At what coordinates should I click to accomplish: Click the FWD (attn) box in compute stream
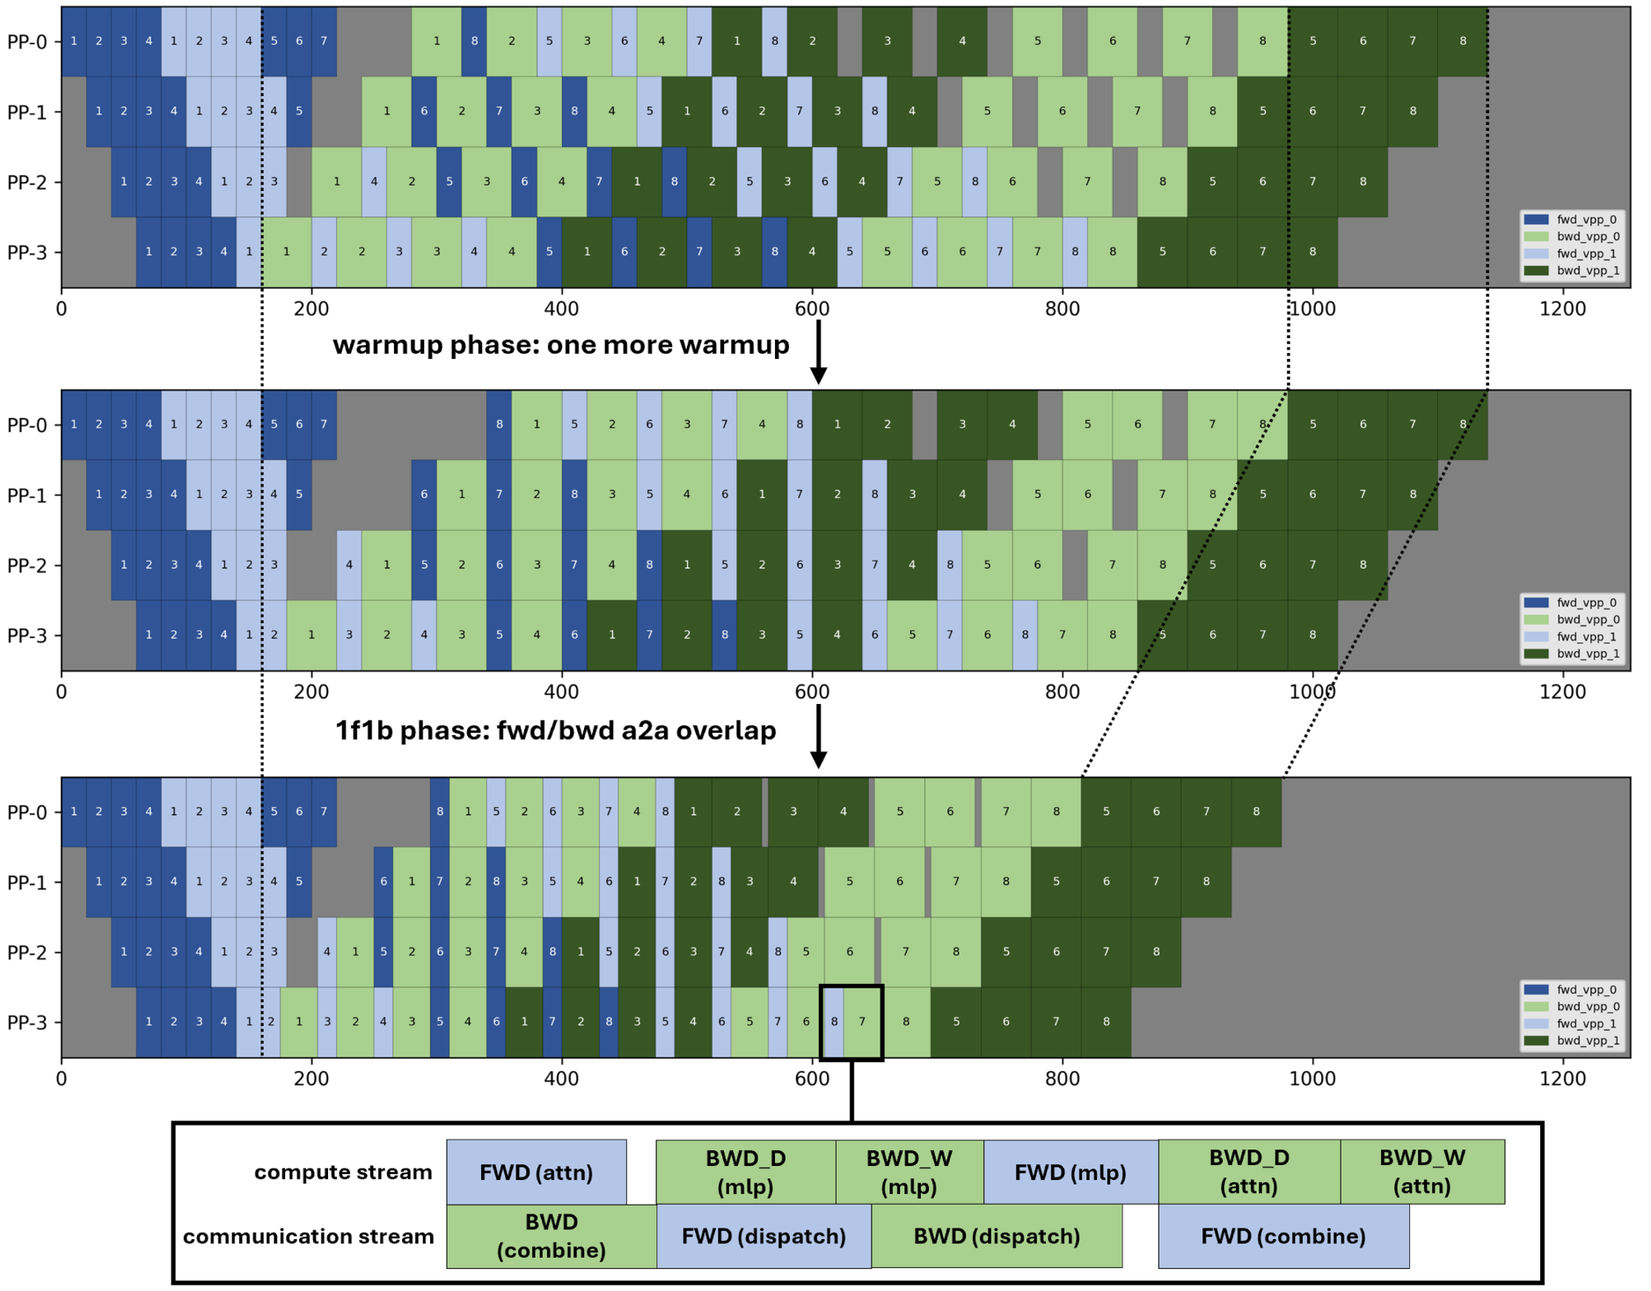point(536,1171)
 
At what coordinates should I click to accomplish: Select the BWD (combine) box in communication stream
point(551,1236)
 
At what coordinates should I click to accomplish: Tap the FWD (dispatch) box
point(763,1236)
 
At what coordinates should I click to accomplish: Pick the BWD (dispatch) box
point(996,1236)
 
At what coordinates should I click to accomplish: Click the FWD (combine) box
point(1282,1236)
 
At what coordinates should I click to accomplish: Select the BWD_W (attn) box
point(1421,1171)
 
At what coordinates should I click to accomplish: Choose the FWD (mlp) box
point(1070,1171)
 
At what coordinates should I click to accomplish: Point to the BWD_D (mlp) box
point(745,1171)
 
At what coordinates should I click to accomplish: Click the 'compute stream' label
point(343,1171)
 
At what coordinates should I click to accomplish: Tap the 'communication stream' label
point(308,1236)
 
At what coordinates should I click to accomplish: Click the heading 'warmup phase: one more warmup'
point(560,344)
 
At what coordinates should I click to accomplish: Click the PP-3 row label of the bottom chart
point(27,1022)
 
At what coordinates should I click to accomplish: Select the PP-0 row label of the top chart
point(27,41)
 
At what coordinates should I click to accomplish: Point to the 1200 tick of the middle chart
point(1562,692)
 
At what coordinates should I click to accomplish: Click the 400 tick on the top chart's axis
point(561,309)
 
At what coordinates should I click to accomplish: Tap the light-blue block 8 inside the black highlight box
point(833,1022)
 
